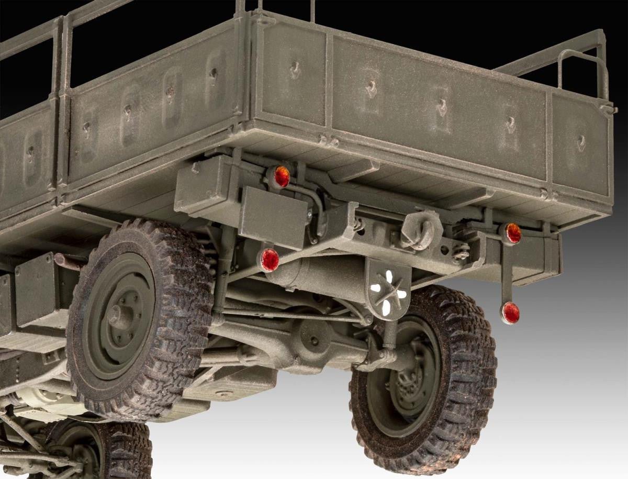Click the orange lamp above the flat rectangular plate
(x=282, y=176)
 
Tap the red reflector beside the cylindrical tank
(x=270, y=260)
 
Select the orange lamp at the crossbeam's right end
(x=512, y=233)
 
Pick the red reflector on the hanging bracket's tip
(x=510, y=313)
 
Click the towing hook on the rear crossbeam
(x=421, y=229)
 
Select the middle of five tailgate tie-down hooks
(x=442, y=107)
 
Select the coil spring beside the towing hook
(x=461, y=251)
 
